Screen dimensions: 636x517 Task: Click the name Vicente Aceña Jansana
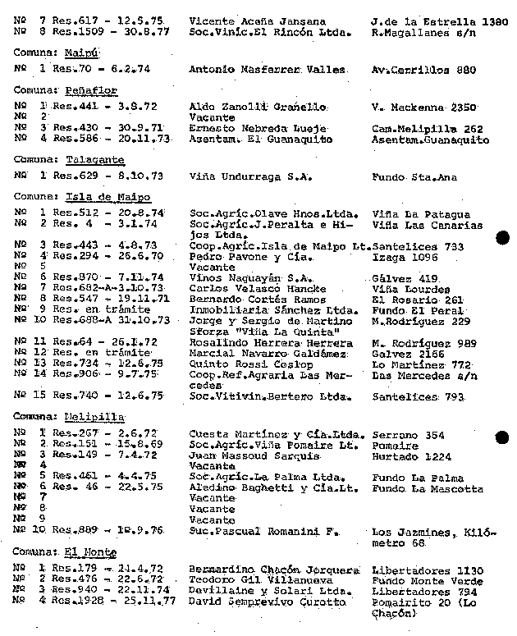tap(257, 21)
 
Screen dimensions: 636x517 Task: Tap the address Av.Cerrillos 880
tap(423, 71)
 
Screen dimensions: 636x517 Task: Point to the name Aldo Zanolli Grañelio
tap(258, 108)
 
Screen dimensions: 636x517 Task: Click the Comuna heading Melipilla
tap(91, 416)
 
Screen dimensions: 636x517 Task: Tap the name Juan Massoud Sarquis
tap(254, 455)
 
